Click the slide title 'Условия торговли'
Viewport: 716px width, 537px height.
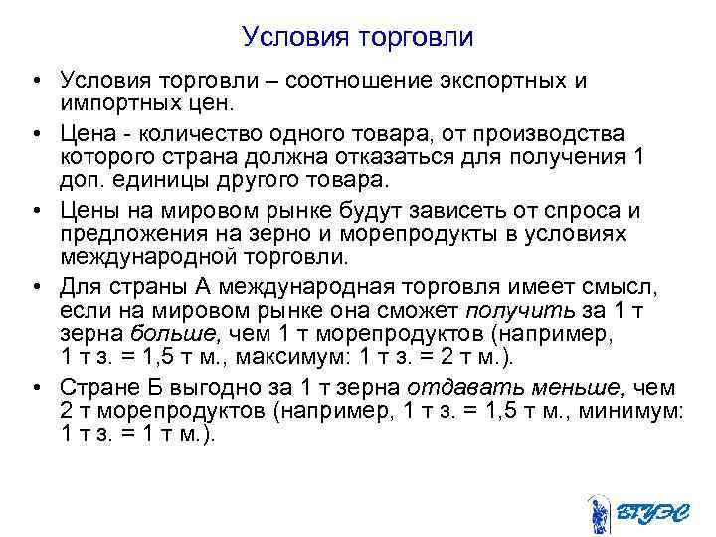click(x=358, y=38)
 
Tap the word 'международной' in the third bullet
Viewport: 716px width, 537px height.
click(x=138, y=257)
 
